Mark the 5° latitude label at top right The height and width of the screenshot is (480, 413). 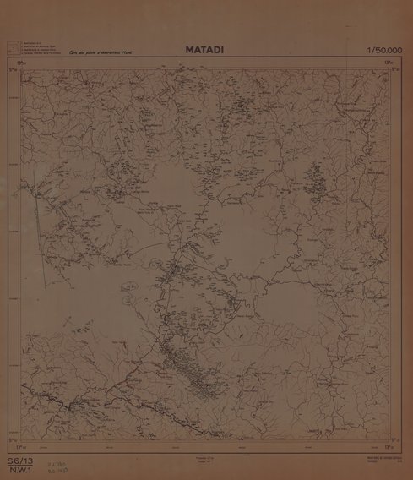[x=397, y=70]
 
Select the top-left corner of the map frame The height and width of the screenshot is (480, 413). [x=20, y=68]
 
